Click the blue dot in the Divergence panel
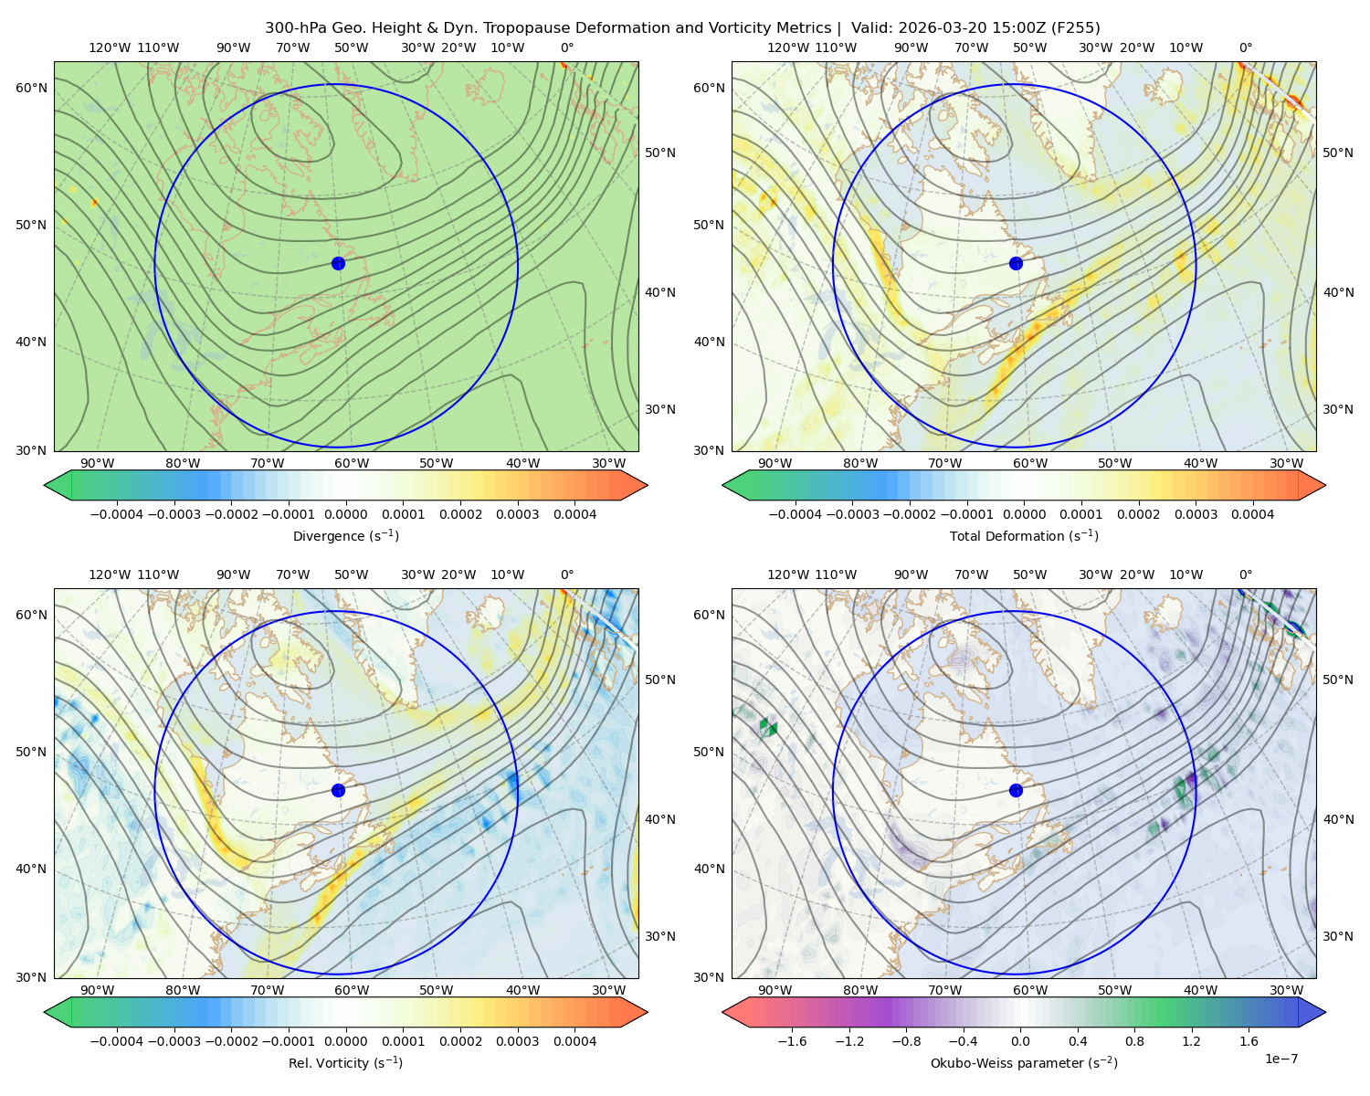pos(338,263)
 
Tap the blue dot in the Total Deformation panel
pos(1016,263)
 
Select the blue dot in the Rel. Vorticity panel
pos(338,790)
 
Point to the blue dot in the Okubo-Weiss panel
pos(1016,790)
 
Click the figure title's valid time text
pos(975,28)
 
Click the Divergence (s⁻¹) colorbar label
pos(345,535)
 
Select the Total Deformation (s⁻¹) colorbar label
pos(1024,535)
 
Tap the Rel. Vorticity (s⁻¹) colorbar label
pos(345,1062)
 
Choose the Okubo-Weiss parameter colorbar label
pos(1024,1062)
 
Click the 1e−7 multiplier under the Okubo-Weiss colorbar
pos(1280,1059)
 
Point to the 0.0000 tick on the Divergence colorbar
pos(345,514)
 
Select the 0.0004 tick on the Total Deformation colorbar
pos(1252,514)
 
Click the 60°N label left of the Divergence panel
pos(31,88)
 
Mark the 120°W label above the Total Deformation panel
pos(788,47)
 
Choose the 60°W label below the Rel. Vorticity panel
pos(352,990)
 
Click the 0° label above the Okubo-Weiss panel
pos(1245,574)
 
